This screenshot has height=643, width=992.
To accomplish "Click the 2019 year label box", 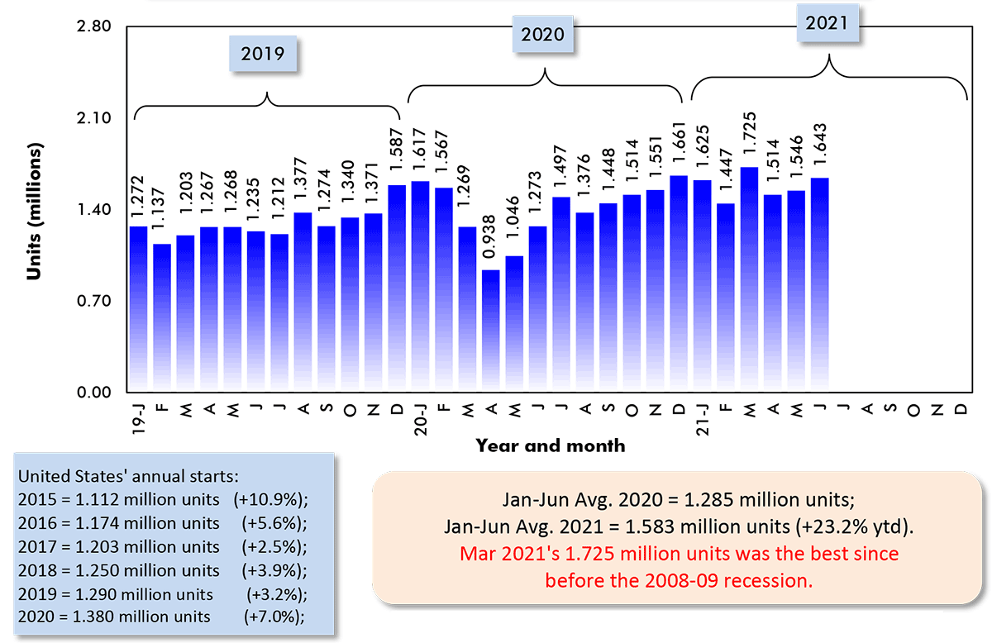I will pyautogui.click(x=263, y=55).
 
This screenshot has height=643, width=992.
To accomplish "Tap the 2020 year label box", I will pyautogui.click(x=542, y=34).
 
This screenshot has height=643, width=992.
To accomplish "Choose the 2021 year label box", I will pyautogui.click(x=827, y=22).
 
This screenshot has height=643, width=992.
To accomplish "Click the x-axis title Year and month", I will pyautogui.click(x=550, y=445).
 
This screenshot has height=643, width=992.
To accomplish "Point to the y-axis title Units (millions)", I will pyautogui.click(x=34, y=210).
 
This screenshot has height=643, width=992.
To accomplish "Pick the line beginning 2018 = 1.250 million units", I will pyautogui.click(x=118, y=570).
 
